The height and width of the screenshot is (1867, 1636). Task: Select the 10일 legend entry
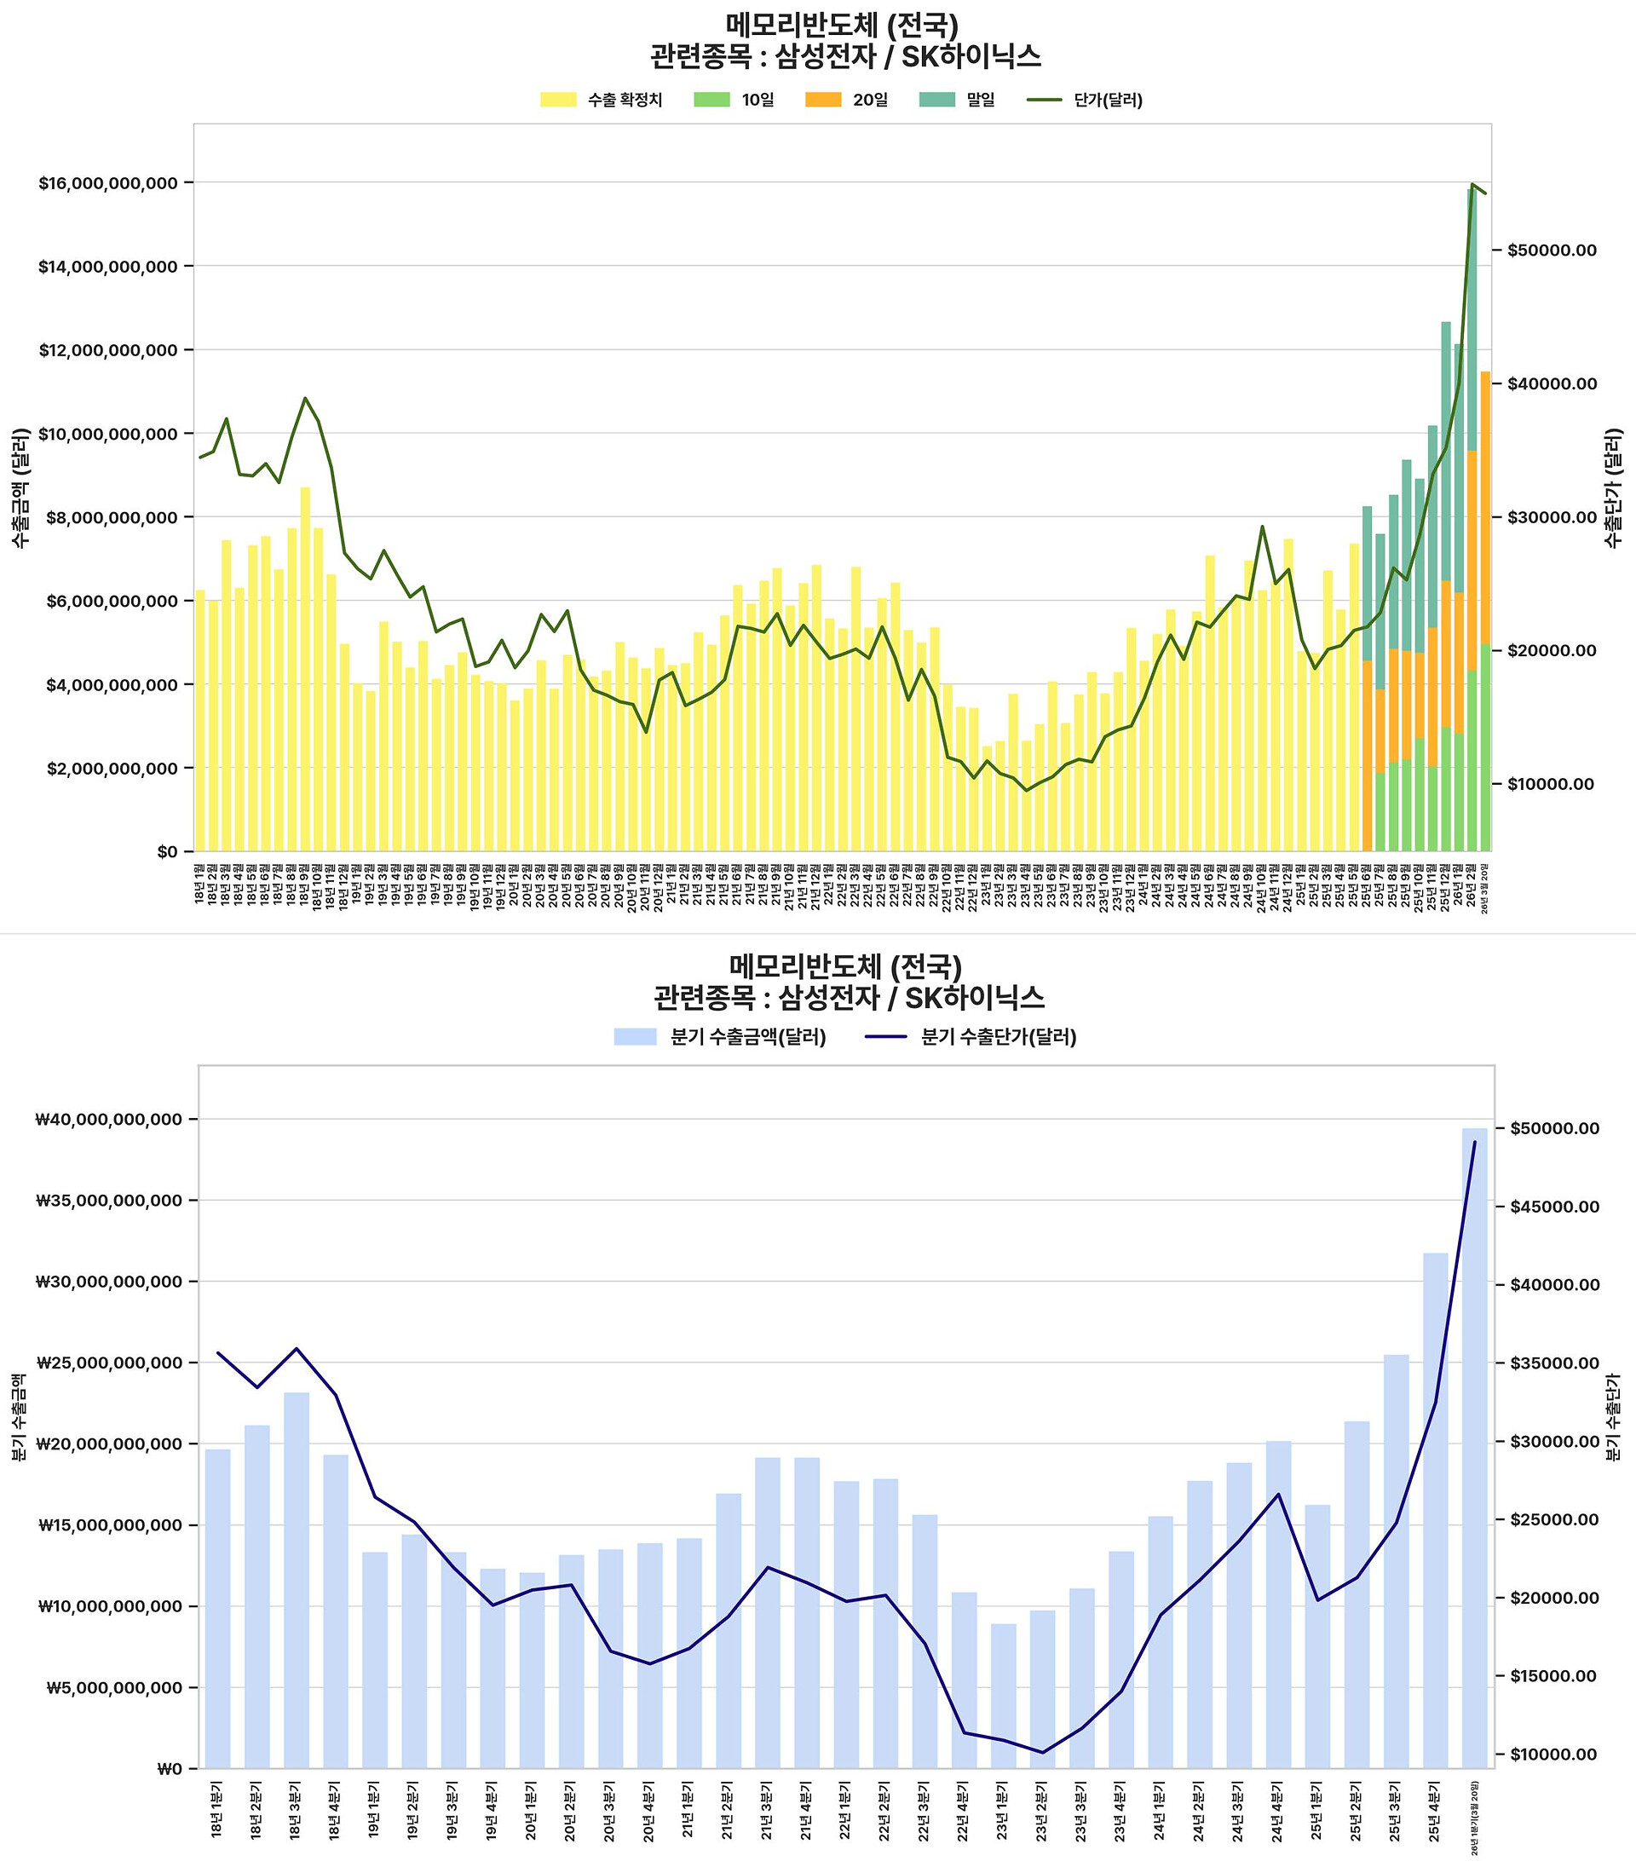734,100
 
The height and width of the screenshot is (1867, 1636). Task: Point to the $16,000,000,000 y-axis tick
107,182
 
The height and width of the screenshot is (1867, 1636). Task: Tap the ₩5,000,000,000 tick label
113,1688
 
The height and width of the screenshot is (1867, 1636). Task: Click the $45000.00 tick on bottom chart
1552,1207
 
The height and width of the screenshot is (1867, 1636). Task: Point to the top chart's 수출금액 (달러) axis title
20,487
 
